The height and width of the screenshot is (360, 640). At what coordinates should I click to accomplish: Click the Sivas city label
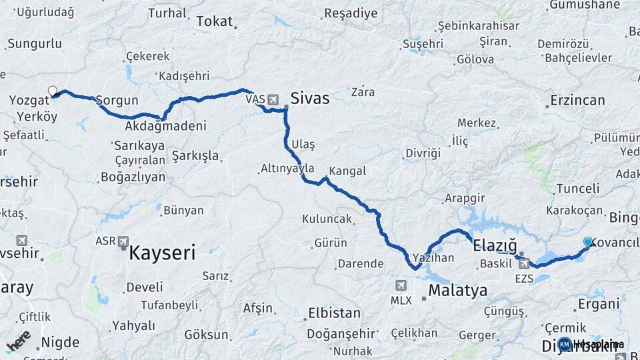309,99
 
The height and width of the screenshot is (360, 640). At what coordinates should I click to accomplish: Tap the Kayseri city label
162,253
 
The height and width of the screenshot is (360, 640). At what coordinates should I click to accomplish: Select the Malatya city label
457,291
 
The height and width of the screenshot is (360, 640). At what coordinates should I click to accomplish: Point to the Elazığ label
494,246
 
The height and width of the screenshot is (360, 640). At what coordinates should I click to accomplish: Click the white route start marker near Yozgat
53,91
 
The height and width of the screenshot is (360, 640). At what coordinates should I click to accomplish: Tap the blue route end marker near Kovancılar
588,242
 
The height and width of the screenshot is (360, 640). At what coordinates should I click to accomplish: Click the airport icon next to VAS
273,99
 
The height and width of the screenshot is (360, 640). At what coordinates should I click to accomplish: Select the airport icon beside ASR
123,241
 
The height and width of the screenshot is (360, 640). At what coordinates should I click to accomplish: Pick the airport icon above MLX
401,285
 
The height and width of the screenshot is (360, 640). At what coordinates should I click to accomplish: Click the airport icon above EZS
524,264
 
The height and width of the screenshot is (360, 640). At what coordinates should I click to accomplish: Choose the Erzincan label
577,101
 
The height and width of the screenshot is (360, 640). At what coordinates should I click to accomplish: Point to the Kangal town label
347,171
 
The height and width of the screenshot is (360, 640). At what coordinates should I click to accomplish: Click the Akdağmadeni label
165,125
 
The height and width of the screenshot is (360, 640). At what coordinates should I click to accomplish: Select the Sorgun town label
117,101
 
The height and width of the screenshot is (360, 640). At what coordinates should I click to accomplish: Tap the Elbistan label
333,313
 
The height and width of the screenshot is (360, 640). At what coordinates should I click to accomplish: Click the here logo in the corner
19,341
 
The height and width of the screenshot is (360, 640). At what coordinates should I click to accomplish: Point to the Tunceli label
577,189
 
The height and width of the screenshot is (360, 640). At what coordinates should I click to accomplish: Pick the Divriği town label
423,153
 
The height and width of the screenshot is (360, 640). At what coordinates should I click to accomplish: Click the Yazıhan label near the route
433,257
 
